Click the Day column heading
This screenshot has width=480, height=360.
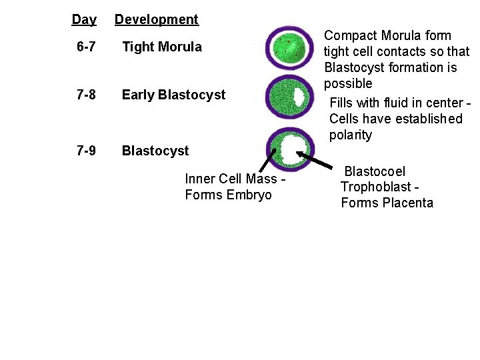point(84,19)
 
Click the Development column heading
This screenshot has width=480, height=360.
point(157,19)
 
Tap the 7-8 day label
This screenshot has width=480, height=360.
point(85,95)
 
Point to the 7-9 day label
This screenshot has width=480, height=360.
point(85,151)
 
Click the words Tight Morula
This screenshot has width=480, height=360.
point(161,47)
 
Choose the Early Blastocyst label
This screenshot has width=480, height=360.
point(173,95)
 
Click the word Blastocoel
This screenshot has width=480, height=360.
point(374,172)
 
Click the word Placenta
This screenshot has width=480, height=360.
point(407,203)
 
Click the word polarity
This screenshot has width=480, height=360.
point(350,135)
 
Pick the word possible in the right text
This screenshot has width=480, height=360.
point(348,84)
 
